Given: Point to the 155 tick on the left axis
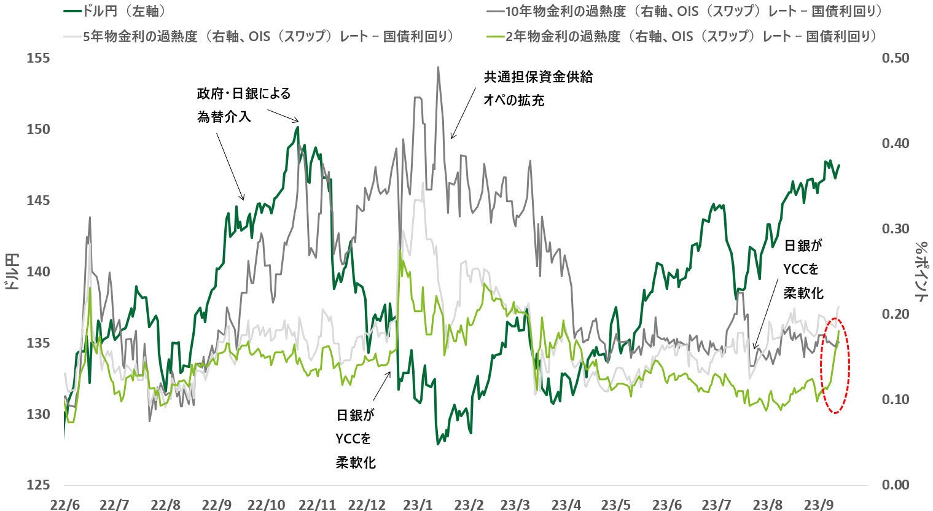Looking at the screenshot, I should pos(39,58).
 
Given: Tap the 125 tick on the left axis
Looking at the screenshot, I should pos(39,485).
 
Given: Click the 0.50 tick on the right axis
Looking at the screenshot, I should pos(895,58).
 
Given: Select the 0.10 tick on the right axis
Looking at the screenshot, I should pos(895,400).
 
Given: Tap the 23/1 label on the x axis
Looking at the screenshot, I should pos(418,504).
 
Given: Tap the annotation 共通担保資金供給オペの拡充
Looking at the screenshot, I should pos(538,88).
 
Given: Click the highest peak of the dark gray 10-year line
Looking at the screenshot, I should pos(438,68).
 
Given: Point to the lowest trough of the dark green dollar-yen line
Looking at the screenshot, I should pos(438,443).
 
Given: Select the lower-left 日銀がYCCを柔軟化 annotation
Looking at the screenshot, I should pos(356,439).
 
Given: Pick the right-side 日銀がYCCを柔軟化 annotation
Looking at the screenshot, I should pos(803,269).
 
